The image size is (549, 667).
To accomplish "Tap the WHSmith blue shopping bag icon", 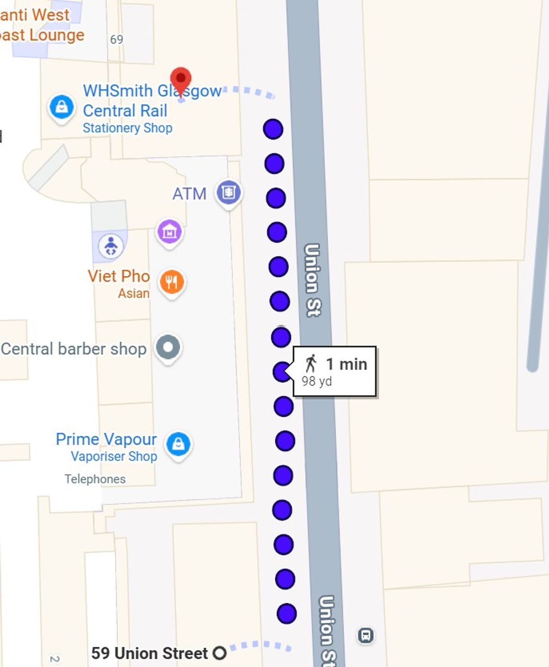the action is tap(62, 107).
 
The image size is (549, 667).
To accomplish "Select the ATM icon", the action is tap(228, 192).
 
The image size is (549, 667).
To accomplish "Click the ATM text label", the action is tap(189, 194).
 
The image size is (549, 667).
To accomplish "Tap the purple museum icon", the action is tap(169, 232).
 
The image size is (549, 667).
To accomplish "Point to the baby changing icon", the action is tap(111, 247).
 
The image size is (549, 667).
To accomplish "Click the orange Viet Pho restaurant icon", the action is tap(172, 282).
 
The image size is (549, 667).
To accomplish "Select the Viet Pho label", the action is tap(118, 276).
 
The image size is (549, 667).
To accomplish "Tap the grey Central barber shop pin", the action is tap(168, 347).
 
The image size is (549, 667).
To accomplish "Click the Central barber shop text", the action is tap(74, 349).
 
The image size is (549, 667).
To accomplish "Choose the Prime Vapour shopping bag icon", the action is tap(178, 444).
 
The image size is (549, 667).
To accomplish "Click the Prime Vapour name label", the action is tap(106, 439).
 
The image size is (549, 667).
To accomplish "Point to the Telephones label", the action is tap(95, 479).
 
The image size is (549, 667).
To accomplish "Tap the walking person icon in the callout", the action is tap(311, 364).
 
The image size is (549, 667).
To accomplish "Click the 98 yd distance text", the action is tap(317, 382).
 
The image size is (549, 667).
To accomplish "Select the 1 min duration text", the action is tap(346, 364).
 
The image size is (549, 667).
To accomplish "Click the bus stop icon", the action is tap(366, 635).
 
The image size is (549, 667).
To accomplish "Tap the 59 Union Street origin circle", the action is tap(220, 653).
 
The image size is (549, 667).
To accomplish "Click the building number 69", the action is tap(117, 40).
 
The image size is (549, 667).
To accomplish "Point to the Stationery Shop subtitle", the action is tap(127, 128).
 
